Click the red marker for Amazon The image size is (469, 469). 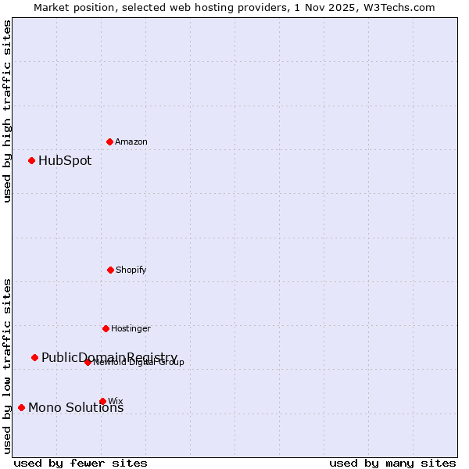(x=109, y=141)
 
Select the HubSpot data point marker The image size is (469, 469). (x=31, y=160)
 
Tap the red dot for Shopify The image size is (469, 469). (x=110, y=270)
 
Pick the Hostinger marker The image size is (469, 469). (x=106, y=328)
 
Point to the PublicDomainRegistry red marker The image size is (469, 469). (x=34, y=357)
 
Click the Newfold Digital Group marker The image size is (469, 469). (x=88, y=362)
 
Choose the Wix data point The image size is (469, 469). (x=102, y=401)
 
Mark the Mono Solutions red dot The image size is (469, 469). (x=21, y=407)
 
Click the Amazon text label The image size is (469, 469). (x=131, y=141)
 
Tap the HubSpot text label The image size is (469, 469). (x=65, y=161)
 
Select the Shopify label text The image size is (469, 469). (x=131, y=270)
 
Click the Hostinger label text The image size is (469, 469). (x=131, y=328)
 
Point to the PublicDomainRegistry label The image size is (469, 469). (x=109, y=357)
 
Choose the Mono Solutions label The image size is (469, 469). (x=76, y=407)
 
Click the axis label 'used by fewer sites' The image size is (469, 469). (x=81, y=463)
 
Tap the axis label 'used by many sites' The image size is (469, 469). (x=392, y=463)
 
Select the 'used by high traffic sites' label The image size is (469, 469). (x=7, y=111)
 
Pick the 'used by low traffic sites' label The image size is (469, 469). (x=7, y=365)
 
